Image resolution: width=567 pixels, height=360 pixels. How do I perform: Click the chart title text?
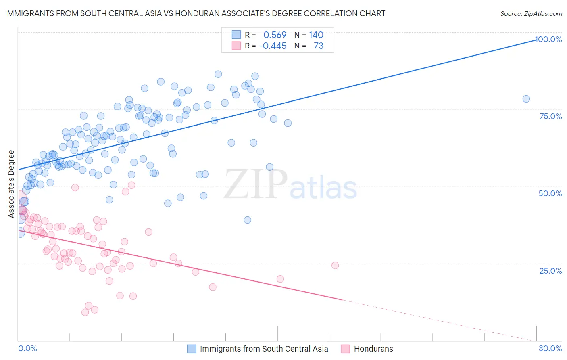[195, 13]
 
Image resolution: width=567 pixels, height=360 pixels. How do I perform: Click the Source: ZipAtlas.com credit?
[531, 13]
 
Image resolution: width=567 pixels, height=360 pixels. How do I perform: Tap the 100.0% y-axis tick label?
[548, 39]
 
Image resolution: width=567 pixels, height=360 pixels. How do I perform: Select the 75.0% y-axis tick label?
[550, 116]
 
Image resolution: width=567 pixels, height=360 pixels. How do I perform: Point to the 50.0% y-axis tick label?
[550, 193]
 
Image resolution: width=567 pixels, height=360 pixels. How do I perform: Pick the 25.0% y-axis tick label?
[550, 270]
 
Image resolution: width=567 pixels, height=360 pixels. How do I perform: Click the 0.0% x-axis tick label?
[27, 348]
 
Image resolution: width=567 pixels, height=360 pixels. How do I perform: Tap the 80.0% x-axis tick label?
[550, 348]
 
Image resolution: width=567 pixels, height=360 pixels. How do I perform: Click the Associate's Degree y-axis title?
[11, 184]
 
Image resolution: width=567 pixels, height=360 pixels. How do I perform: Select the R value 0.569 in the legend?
[275, 35]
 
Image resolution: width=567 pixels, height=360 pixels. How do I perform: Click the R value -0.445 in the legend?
[273, 46]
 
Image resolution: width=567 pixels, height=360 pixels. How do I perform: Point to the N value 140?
[316, 35]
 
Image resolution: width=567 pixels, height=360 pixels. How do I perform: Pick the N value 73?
[319, 46]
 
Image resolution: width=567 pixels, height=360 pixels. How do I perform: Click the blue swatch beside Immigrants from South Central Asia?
[192, 349]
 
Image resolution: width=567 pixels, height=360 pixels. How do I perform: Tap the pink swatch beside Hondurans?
[345, 349]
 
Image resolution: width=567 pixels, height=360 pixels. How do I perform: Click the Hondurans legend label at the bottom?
[373, 349]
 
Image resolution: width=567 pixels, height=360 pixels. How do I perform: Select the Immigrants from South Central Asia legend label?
[264, 349]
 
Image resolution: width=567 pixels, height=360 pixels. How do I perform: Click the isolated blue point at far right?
[526, 99]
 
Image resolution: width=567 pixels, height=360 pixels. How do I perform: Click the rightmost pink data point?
[335, 265]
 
